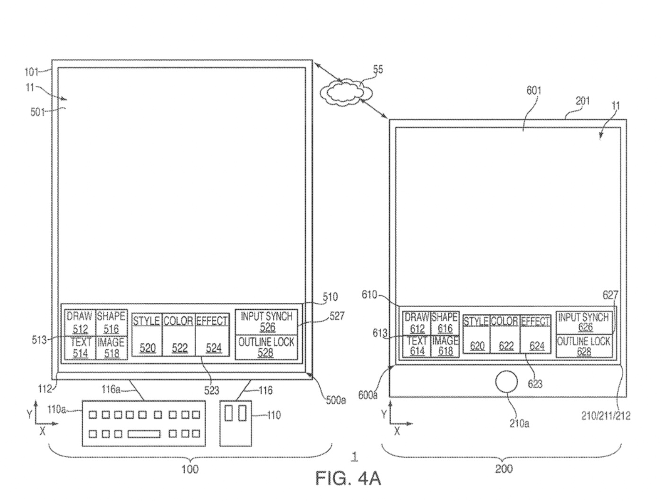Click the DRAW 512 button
point(80,322)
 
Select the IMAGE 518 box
point(112,347)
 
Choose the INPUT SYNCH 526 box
point(266,322)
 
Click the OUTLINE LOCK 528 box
point(266,347)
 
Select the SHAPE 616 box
point(444,322)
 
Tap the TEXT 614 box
point(417,346)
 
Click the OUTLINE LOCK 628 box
point(584,346)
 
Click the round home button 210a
point(506,382)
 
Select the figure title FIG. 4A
point(348,478)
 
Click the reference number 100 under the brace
point(190,469)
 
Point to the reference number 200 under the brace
point(503,468)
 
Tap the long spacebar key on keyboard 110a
point(144,433)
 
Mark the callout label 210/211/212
point(605,415)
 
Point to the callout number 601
point(533,91)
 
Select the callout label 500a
point(336,400)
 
